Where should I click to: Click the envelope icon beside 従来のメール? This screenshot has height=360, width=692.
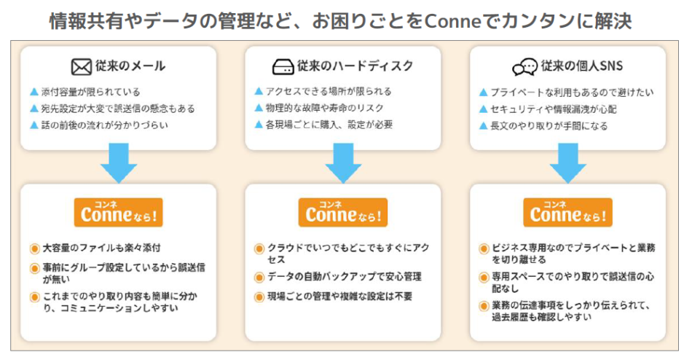81,67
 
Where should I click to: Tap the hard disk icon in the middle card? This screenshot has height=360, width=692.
283,67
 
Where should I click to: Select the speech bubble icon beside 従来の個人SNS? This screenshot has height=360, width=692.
524,67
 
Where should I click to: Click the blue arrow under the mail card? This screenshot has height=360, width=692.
119,163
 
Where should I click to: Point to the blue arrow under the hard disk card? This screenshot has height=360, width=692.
343,163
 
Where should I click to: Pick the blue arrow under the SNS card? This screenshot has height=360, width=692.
567,163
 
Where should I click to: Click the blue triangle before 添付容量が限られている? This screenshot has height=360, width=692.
34,93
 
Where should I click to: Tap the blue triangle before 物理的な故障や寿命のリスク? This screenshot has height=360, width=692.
259,108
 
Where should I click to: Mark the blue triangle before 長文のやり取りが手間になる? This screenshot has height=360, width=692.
483,125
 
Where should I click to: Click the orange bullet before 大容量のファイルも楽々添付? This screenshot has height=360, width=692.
34,249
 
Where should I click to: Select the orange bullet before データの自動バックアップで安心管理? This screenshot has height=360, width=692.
259,278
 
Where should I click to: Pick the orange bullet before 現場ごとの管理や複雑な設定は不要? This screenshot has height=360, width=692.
259,297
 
